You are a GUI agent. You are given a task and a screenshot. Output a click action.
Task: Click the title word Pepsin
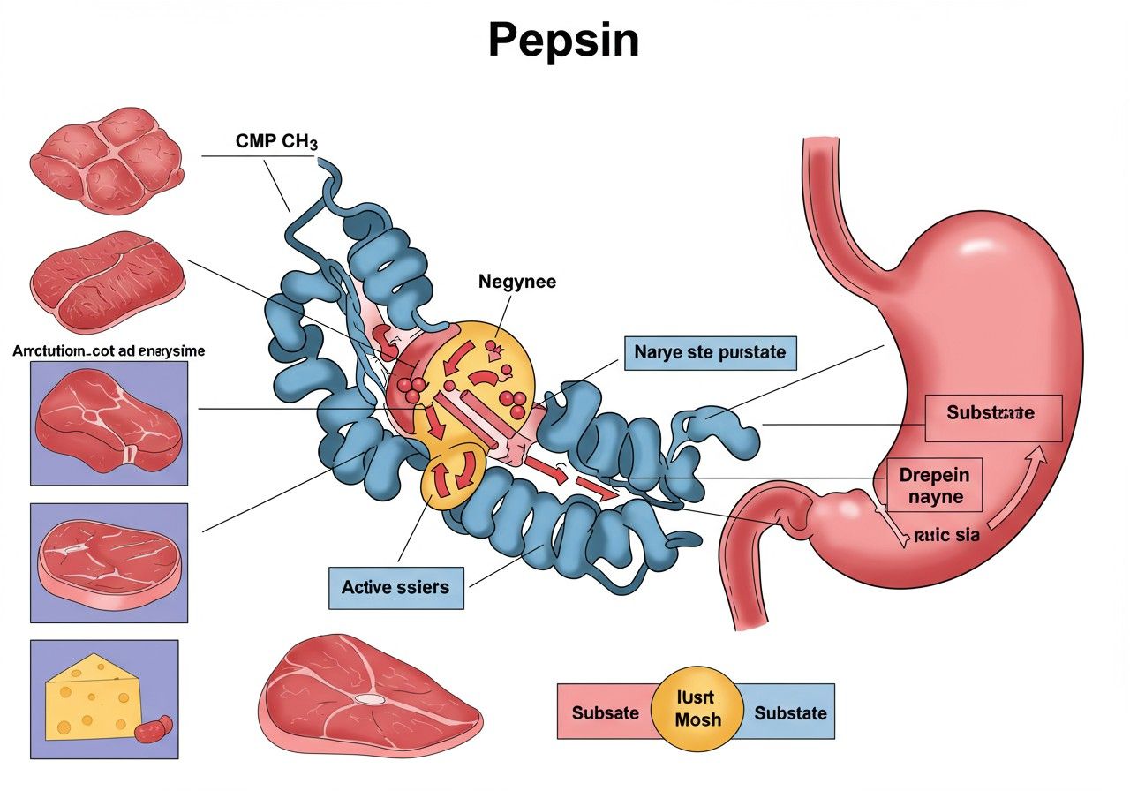point(563,40)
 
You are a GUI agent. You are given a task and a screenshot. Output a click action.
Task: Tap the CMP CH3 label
point(276,141)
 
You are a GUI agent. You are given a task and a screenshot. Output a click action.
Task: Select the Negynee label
point(517,282)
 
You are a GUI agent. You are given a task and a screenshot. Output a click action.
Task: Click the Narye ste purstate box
point(710,352)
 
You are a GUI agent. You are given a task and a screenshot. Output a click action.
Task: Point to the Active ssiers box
point(395,587)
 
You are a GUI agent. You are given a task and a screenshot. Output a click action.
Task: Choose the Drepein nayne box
point(934,486)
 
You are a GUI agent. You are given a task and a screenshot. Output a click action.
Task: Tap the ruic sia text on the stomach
point(946,534)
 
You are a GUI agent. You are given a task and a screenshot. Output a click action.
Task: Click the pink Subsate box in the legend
point(605,712)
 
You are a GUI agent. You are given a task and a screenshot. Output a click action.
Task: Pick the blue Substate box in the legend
point(790,712)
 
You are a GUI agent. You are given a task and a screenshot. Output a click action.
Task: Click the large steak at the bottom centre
point(371,697)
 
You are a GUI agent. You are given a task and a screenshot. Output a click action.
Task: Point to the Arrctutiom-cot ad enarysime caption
point(109,351)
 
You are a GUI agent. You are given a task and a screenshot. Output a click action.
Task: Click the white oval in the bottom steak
point(370,698)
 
